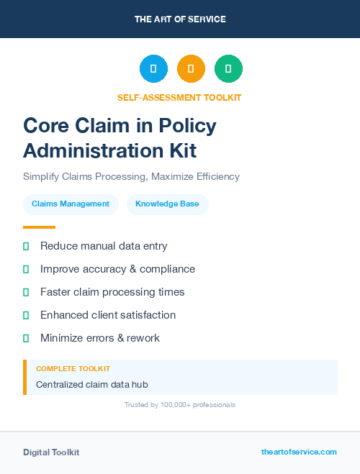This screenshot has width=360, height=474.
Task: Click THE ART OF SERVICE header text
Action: [x=180, y=19]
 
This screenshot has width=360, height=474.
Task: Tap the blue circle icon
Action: [x=153, y=69]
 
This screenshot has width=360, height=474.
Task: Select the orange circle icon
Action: [x=191, y=69]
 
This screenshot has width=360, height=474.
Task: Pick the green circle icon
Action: [x=228, y=69]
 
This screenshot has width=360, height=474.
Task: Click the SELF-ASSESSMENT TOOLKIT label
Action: [x=179, y=97]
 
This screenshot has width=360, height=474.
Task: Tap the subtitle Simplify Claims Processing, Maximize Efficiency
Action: [x=131, y=176]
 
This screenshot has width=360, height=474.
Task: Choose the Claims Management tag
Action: [x=71, y=204]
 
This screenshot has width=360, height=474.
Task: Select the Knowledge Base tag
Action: [x=167, y=204]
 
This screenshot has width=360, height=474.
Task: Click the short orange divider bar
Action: [x=39, y=227]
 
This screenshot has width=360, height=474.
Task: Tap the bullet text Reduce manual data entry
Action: [x=104, y=246]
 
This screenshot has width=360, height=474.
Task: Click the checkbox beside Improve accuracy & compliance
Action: [x=26, y=269]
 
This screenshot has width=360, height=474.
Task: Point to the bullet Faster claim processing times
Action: [x=112, y=292]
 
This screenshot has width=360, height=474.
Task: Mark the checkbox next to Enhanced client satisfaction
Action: [x=26, y=315]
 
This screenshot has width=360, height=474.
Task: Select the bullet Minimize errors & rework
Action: [x=100, y=338]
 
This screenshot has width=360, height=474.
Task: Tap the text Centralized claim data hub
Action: [x=91, y=385]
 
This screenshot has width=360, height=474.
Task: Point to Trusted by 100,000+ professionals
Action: [x=179, y=405]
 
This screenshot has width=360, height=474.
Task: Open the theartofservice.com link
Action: [x=299, y=452]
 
